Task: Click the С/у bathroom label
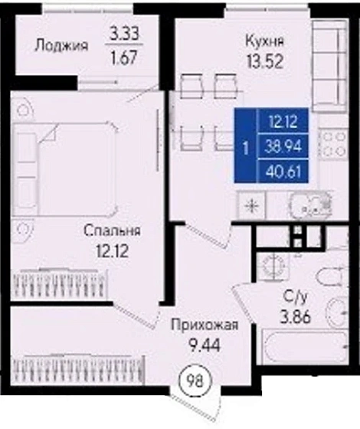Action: tap(296, 295)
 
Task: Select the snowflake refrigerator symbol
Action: tap(252, 205)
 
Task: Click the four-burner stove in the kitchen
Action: tap(334, 147)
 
